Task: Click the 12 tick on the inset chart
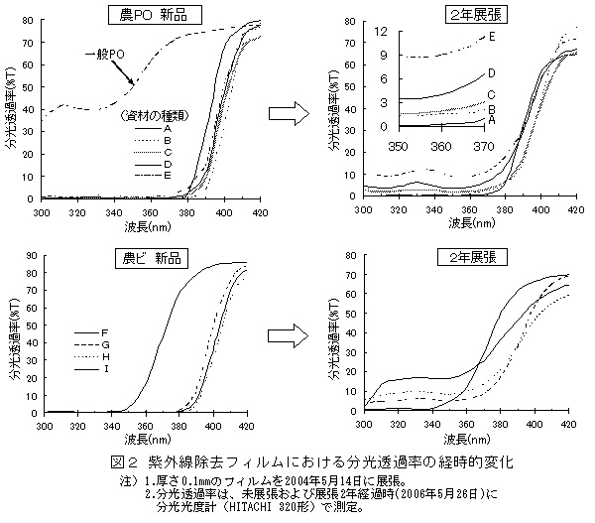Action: pos(382,32)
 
